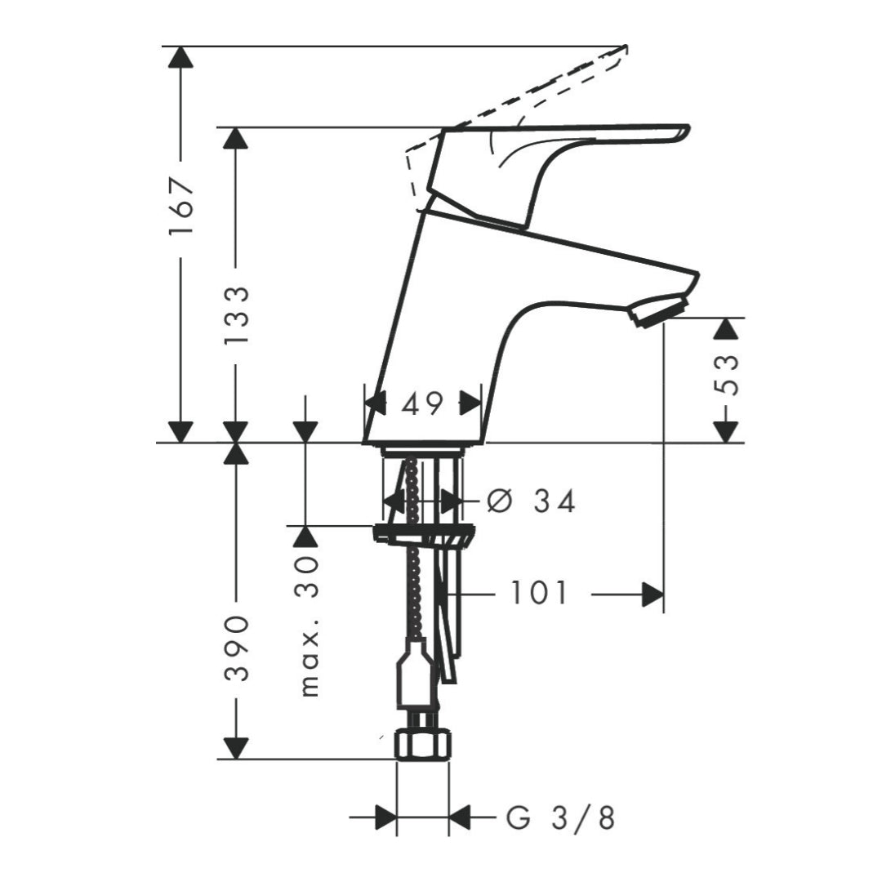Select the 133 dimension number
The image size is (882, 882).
point(236,315)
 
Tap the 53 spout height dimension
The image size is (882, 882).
point(726,374)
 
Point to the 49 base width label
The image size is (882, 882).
point(423,403)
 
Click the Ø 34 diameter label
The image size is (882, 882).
point(531,501)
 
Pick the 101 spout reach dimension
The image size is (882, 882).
point(538,593)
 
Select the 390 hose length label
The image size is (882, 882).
point(236,648)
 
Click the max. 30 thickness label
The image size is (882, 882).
point(308,626)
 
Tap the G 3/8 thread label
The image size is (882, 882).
point(560,817)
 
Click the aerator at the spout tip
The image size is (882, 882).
point(659,312)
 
